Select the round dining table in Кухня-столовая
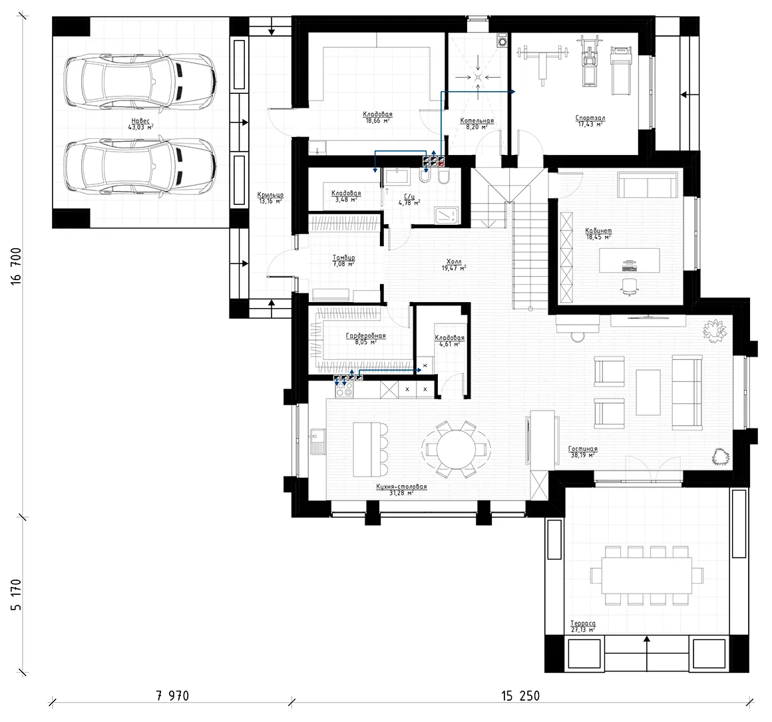456,449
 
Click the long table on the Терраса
647,574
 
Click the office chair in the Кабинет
629,285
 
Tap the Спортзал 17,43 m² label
590,120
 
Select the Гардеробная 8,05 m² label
365,339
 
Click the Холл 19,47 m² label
454,264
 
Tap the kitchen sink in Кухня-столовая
316,440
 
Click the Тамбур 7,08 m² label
343,260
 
